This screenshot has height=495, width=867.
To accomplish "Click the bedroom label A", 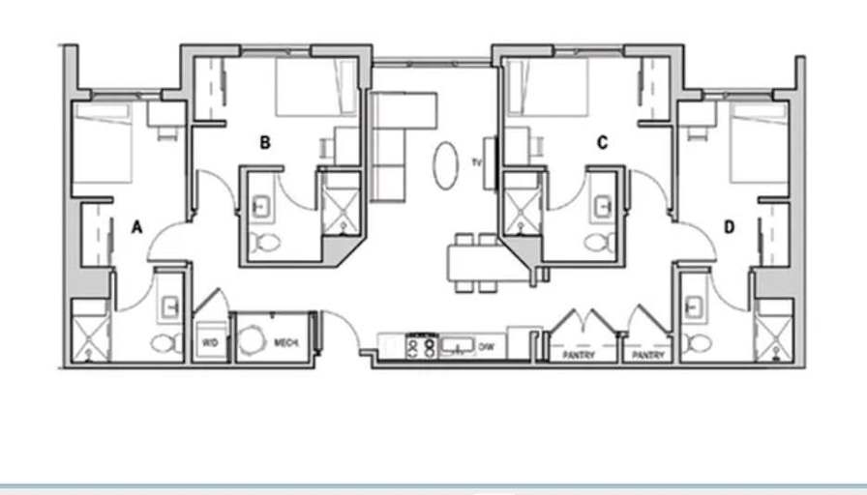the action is (136, 227).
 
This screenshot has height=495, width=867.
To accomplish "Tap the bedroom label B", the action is (265, 143).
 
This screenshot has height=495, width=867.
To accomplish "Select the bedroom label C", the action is (602, 143).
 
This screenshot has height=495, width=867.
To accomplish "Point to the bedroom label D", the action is (730, 227).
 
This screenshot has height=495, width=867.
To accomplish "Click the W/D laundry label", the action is (210, 343).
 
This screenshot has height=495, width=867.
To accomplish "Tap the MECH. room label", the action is (286, 343).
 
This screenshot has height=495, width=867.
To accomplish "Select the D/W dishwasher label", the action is (486, 347).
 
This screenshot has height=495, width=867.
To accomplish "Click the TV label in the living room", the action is (477, 162).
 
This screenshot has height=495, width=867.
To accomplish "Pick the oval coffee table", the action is (446, 165).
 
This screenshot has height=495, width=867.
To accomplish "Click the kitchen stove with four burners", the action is (421, 347).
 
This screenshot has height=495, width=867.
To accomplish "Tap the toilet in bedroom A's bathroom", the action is (165, 343).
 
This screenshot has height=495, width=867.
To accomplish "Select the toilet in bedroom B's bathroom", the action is (265, 242).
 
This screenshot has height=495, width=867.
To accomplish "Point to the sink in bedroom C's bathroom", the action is (603, 208).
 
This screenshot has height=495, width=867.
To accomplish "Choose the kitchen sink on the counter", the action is (458, 346).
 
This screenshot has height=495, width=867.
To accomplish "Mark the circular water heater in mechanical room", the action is (253, 340).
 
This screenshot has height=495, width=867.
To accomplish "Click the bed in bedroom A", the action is (103, 142).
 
